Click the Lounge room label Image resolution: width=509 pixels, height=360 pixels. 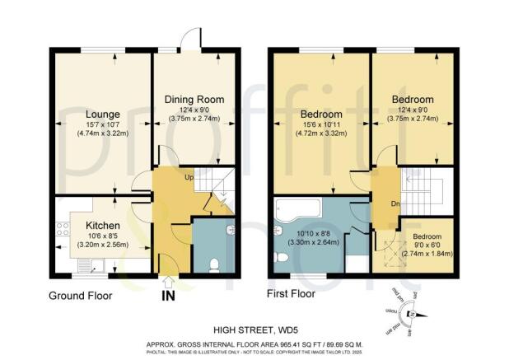(102, 114)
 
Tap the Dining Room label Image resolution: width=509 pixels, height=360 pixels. (195, 100)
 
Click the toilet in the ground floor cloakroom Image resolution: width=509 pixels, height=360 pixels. (213, 264)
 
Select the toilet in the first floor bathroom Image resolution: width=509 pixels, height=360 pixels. (279, 259)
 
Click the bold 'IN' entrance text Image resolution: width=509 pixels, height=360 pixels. (169, 294)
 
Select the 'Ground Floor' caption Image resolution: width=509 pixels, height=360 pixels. (81, 295)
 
